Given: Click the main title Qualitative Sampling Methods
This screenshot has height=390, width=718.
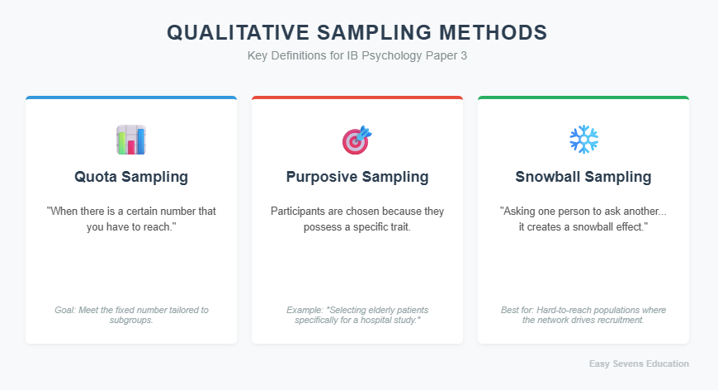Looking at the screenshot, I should [x=357, y=32].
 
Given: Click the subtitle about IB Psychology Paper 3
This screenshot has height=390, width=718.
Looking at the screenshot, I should [x=357, y=56].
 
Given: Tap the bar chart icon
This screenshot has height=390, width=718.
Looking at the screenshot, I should [x=130, y=140].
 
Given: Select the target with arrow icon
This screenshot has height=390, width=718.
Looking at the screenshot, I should [x=357, y=140].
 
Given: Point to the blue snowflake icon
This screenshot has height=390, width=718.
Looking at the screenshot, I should [x=583, y=139].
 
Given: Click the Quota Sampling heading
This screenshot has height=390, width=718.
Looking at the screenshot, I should [x=131, y=177].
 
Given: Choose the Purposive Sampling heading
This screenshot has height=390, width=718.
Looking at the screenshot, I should [x=357, y=177].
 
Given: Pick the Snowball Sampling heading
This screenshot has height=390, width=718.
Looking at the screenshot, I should [x=583, y=177].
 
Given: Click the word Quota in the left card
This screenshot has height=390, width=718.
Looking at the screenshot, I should [x=97, y=177].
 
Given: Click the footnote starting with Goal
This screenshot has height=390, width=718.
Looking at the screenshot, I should [x=131, y=315].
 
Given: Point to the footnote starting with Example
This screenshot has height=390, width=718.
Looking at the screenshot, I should [x=357, y=315].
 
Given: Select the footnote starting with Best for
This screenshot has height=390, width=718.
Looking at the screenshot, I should [x=583, y=315].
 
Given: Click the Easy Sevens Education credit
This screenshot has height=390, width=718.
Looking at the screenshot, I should [x=639, y=364].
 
